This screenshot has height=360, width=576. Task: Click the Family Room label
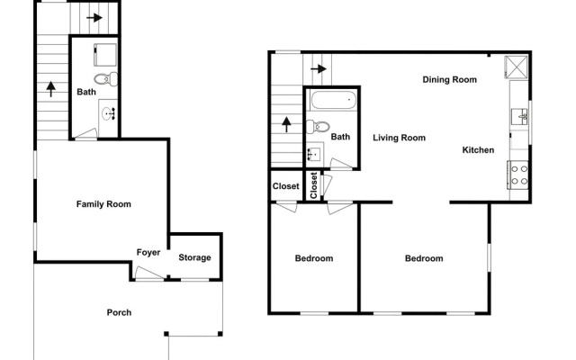103,204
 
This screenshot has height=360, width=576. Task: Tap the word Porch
119,312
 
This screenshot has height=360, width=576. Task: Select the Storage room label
194,257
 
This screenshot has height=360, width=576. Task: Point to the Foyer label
148,252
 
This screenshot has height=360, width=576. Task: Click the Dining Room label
450,80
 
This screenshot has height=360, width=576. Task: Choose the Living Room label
400,138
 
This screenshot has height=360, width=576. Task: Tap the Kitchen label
478,150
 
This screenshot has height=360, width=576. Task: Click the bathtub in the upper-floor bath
333,100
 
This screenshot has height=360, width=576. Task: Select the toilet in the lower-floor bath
106,79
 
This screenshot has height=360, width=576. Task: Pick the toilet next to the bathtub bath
318,127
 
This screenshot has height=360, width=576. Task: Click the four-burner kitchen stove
518,175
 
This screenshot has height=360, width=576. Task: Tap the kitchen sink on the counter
520,117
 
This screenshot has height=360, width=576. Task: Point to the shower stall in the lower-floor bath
105,55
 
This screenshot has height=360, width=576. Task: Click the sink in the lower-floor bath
109,113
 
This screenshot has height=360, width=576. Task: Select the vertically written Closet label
314,185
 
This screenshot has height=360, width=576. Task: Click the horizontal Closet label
286,186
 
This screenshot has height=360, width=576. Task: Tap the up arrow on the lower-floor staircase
51,89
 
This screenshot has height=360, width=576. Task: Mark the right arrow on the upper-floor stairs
319,68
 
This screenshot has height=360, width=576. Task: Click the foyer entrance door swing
149,274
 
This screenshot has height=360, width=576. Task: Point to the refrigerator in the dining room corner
517,67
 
